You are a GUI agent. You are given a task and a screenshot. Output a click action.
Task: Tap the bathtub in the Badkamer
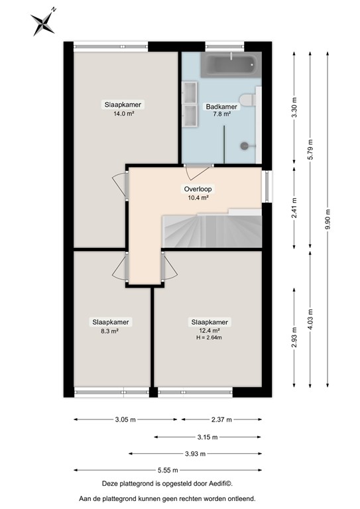[229, 65]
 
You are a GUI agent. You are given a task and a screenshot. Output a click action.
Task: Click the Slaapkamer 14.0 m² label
[123, 109]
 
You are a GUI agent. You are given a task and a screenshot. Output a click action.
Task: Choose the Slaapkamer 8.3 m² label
[110, 326]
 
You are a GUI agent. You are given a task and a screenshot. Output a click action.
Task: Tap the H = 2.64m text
[210, 338]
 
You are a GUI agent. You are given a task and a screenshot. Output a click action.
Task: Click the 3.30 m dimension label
[294, 106]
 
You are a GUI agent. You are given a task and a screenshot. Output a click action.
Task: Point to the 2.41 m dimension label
[294, 207]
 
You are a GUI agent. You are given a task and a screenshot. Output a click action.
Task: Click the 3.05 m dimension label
[125, 420]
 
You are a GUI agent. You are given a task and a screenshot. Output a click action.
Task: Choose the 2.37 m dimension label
[222, 420]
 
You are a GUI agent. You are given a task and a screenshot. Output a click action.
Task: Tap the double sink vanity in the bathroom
[190, 104]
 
